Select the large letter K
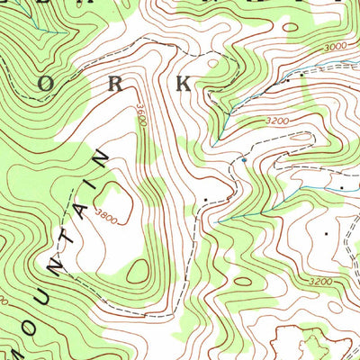coord(184,85)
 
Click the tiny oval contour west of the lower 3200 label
coord(241,281)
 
